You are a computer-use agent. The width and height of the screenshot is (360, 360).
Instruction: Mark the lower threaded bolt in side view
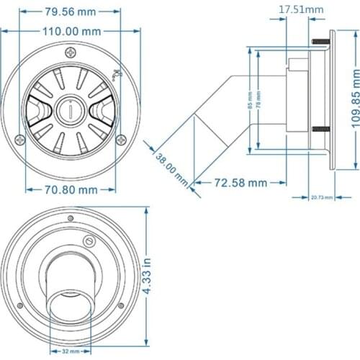pos(319,130)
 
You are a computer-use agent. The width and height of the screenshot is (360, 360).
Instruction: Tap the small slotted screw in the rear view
pos(89,243)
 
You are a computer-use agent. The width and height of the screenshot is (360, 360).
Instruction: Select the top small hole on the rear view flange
pos(70,218)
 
